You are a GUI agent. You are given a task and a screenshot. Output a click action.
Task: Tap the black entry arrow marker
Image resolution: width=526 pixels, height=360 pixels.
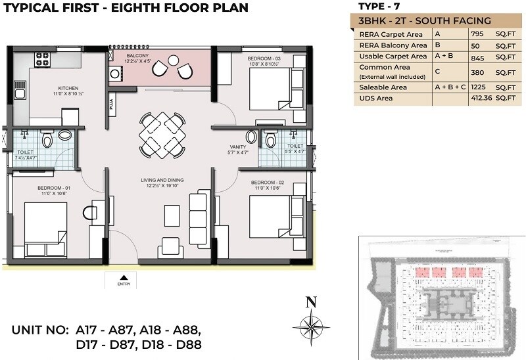pos(124,277)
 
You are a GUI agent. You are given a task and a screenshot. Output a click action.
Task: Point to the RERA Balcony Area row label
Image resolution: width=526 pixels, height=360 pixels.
pos(393,45)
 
